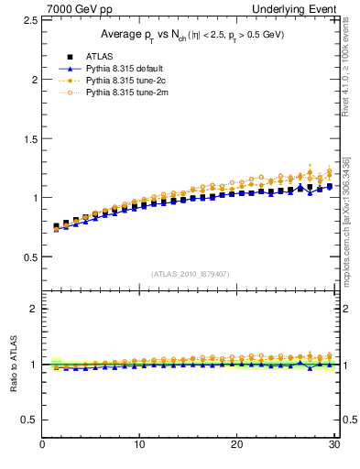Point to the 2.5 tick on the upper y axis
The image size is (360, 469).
(29, 19)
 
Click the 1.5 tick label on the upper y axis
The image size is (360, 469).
(29, 138)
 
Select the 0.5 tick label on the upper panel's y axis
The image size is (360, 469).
(29, 256)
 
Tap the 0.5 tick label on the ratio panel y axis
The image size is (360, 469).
(29, 420)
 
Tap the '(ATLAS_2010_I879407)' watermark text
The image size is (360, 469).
(191, 273)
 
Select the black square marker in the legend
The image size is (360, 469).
(59, 57)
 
